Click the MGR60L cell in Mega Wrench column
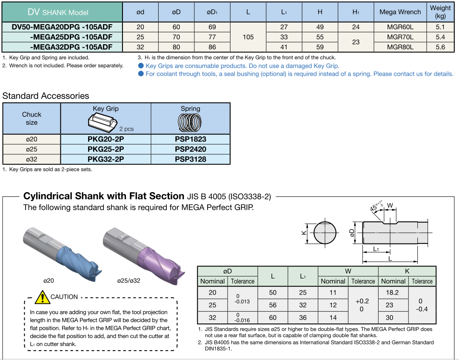(x=400, y=27)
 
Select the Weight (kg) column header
(x=440, y=12)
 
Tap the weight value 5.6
(x=440, y=47)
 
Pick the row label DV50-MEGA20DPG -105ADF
(x=62, y=27)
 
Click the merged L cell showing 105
(x=248, y=37)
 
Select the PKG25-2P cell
(x=105, y=149)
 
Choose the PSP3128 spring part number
(x=190, y=159)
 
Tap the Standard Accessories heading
(x=46, y=96)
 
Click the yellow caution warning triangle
(x=42, y=297)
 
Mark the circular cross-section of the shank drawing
(x=325, y=232)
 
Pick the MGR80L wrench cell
(x=400, y=47)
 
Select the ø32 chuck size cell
(x=31, y=159)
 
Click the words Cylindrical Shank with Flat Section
(x=103, y=196)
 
